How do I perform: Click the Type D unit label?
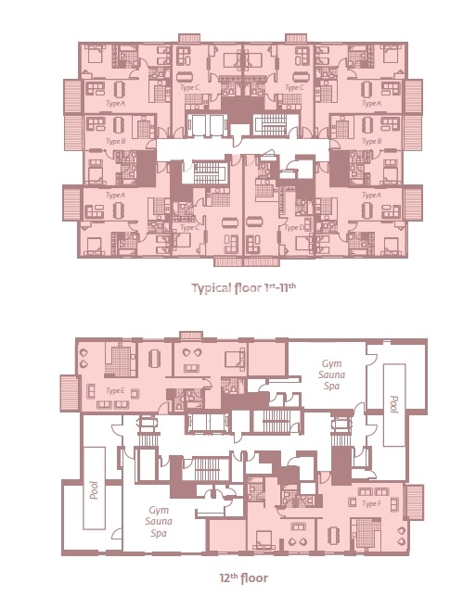pos(294,226)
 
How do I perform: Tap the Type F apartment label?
pos(371,502)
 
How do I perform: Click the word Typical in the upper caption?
pos(214,287)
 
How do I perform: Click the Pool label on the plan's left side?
pos(93,488)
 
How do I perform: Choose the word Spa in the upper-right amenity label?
pos(330,388)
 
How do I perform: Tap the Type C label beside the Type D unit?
pos(191,226)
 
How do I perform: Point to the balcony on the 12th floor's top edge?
pos(191,334)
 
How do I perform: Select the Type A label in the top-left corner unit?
pos(115,103)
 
